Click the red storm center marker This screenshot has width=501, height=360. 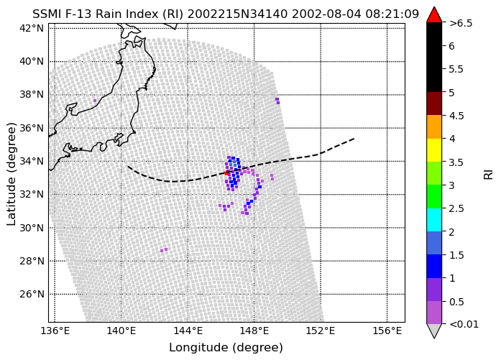coord(226,172)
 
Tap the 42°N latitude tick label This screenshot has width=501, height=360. coord(32,28)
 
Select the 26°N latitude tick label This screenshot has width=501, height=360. coord(32,294)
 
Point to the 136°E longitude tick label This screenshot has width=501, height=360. coord(55,331)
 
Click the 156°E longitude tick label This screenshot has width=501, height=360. coord(387,331)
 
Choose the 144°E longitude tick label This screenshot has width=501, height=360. coord(188,331)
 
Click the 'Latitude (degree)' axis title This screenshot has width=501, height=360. coord(11,174)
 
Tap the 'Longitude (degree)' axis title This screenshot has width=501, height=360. coord(226,348)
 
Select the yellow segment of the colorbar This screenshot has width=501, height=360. coord(434,150)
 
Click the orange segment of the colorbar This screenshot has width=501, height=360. coord(434,126)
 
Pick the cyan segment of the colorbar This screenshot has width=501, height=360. coord(434,220)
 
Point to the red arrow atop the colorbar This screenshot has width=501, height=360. coord(434,15)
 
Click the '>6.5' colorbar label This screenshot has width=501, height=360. coord(461,23)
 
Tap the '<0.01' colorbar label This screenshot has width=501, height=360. coord(464,324)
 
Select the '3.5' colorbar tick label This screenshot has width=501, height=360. coord(456,162)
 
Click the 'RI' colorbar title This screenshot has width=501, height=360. coord(489,175)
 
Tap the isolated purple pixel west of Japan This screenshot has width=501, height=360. coord(95,101)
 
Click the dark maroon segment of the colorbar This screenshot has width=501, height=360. coord(434,103)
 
